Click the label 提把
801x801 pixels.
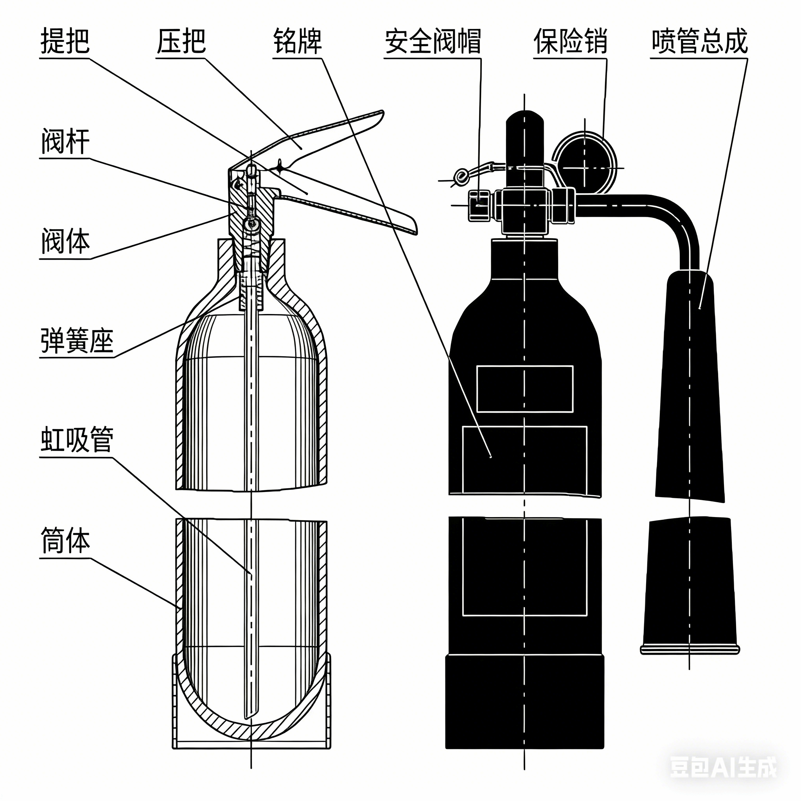pos(65,41)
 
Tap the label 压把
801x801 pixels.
pos(181,41)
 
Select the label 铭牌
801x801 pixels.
pos(297,41)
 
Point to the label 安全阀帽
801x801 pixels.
pos(433,41)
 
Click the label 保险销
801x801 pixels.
pos(570,41)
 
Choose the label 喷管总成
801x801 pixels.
pos(699,41)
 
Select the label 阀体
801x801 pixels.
pos(65,242)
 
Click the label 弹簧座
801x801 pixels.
pos(77,341)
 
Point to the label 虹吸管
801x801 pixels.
pos(77,441)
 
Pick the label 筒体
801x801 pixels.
pos(65,541)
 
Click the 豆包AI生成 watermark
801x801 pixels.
pos(723,767)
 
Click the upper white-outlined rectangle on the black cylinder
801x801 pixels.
pos(524,389)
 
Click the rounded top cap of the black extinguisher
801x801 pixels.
pos(524,120)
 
